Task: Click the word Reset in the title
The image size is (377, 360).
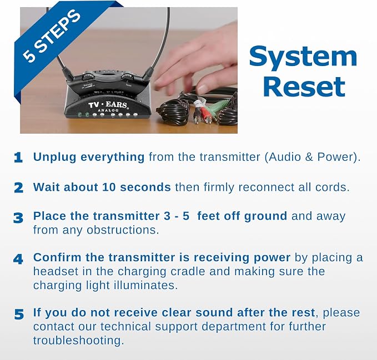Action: tap(304, 87)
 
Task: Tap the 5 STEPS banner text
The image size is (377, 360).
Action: tap(52, 36)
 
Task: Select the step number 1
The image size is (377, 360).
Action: tap(18, 158)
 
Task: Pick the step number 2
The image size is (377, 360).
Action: tap(18, 188)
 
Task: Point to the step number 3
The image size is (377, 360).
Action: tap(18, 218)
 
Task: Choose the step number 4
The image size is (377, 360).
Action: tap(18, 259)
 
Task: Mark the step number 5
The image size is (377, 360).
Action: tap(19, 315)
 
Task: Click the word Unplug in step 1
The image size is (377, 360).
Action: tap(55, 158)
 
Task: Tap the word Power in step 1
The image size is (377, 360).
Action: tap(335, 157)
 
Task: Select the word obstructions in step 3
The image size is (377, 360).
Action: tap(123, 230)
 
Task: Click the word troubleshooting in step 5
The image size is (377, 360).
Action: tap(78, 341)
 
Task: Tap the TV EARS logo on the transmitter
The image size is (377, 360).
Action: tap(108, 105)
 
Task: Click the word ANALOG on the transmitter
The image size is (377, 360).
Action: tap(108, 110)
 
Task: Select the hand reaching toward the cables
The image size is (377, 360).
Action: tap(196, 63)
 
